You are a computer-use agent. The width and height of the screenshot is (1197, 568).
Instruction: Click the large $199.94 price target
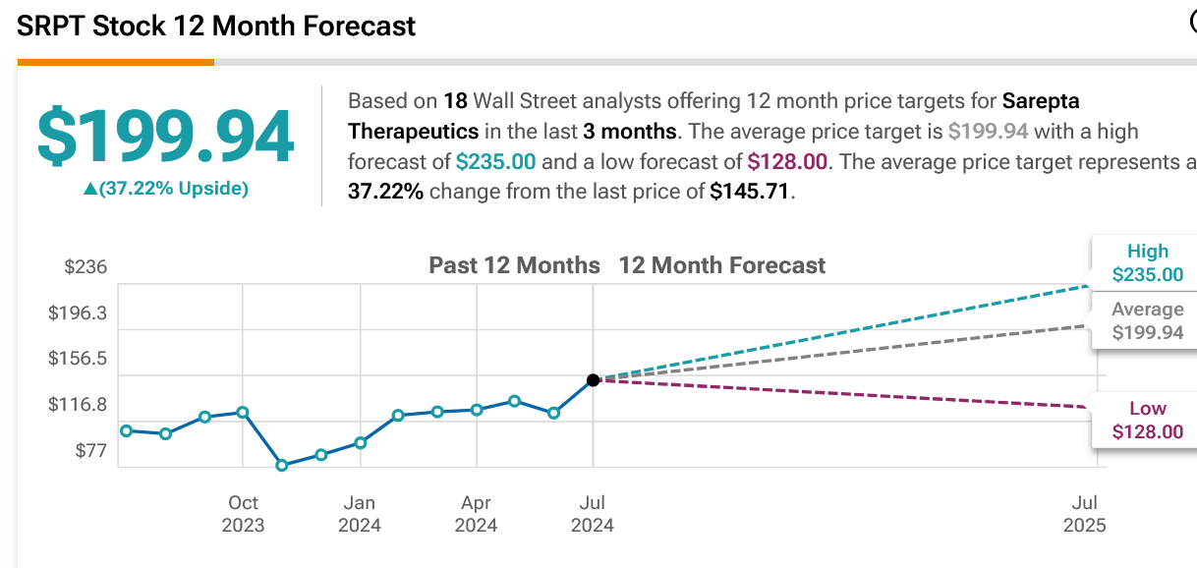[x=165, y=137]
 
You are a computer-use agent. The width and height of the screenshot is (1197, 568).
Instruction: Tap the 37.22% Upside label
[x=165, y=189]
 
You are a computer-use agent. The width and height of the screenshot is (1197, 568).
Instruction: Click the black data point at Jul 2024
[x=593, y=379]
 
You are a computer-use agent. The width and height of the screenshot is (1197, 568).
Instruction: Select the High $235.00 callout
[x=1147, y=263]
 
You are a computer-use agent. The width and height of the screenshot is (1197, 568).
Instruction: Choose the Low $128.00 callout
[x=1147, y=421]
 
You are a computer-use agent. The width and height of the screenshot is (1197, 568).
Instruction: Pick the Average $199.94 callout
[x=1147, y=321]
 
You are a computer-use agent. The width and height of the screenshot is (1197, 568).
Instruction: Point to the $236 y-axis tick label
[x=85, y=267]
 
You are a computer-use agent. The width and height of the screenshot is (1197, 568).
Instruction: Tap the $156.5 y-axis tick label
[x=78, y=359]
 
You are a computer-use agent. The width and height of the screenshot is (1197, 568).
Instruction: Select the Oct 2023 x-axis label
[x=243, y=513]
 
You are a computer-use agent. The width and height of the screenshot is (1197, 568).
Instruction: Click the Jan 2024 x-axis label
[x=360, y=513]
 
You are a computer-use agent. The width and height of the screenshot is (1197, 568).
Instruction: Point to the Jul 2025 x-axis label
[x=1084, y=513]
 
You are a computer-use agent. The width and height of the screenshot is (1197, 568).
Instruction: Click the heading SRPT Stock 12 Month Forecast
[x=216, y=26]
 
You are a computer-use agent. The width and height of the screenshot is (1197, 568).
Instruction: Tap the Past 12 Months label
[x=514, y=265]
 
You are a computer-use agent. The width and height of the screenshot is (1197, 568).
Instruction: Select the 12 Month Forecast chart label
[x=722, y=265]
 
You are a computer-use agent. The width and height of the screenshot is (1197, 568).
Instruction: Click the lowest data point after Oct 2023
[x=282, y=465]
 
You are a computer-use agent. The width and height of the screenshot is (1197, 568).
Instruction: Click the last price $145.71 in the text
[x=750, y=191]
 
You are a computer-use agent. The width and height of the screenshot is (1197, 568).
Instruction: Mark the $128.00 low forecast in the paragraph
[x=786, y=161]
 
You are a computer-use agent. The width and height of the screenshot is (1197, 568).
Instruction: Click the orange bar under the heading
[x=115, y=62]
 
